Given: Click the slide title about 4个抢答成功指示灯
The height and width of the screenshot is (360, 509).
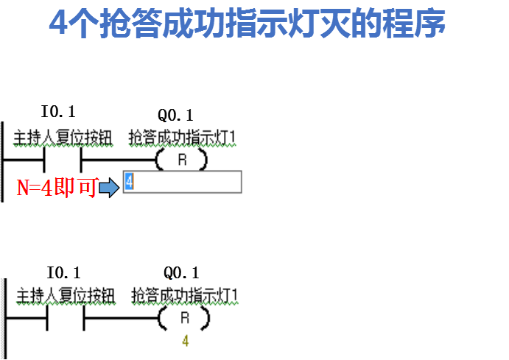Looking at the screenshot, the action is tap(247, 24).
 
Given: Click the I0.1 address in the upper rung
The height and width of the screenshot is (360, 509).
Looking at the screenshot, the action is tap(58, 112).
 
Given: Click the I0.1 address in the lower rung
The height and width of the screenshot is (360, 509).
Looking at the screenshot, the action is tap(63, 272).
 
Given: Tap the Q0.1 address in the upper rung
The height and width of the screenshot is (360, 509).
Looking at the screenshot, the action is tap(175, 115).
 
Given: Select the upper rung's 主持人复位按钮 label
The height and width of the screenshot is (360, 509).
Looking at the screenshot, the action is tap(63, 138).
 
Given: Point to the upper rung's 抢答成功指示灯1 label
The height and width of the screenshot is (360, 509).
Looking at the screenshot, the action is tap(182, 138).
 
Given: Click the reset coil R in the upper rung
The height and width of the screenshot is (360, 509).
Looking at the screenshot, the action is tap(181, 160).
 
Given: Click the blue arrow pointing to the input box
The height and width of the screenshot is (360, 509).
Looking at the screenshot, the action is tap(108, 188).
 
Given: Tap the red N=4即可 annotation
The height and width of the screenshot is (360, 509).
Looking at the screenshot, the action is tap(56, 188).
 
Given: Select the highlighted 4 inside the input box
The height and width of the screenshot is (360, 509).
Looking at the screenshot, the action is tap(129, 182).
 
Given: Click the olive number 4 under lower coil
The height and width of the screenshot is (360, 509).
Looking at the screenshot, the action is tap(185, 342).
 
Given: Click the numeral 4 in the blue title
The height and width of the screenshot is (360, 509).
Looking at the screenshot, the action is tap(59, 24).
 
